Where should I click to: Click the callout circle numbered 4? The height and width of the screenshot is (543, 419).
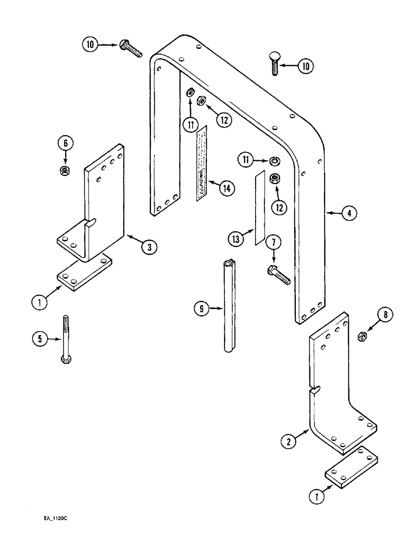[x=350, y=213]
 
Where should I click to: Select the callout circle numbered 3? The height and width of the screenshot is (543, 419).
[x=150, y=247]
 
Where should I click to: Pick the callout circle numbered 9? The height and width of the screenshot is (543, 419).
[x=201, y=310]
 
